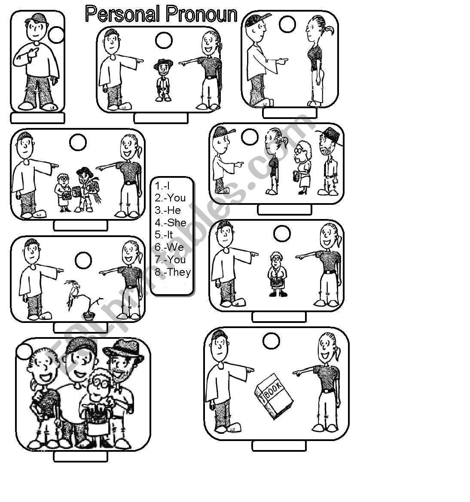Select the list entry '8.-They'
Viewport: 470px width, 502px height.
tap(173, 272)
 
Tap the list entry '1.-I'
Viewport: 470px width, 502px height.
tap(162, 186)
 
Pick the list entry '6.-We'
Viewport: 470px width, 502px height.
tap(169, 247)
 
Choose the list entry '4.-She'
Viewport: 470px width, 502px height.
tap(171, 222)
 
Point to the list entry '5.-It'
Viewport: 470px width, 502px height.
tap(164, 235)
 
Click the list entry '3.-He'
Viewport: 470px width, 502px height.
tap(168, 210)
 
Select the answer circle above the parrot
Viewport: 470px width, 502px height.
tap(83, 260)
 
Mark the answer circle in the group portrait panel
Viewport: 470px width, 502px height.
tap(24, 352)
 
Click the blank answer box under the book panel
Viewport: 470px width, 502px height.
tap(279, 446)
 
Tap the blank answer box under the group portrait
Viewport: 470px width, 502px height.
tap(80, 457)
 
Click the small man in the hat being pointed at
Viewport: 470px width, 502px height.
tap(163, 79)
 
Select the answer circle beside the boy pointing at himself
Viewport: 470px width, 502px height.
tap(56, 35)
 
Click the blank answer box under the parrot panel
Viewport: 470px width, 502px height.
tap(80, 328)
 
